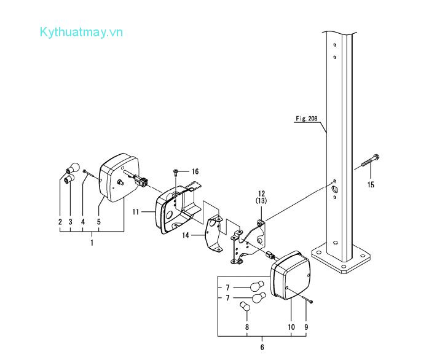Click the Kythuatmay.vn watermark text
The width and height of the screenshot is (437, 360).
click(x=81, y=32)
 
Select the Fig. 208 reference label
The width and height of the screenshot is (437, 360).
click(x=305, y=119)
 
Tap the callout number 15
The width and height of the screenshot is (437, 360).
click(x=371, y=184)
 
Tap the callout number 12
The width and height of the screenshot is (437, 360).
click(x=261, y=193)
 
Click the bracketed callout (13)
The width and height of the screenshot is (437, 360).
click(x=261, y=201)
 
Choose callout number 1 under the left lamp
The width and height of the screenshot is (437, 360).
click(x=92, y=243)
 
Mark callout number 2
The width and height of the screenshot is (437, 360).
click(x=60, y=221)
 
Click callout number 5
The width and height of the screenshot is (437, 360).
click(x=99, y=221)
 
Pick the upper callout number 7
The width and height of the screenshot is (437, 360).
click(x=227, y=287)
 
